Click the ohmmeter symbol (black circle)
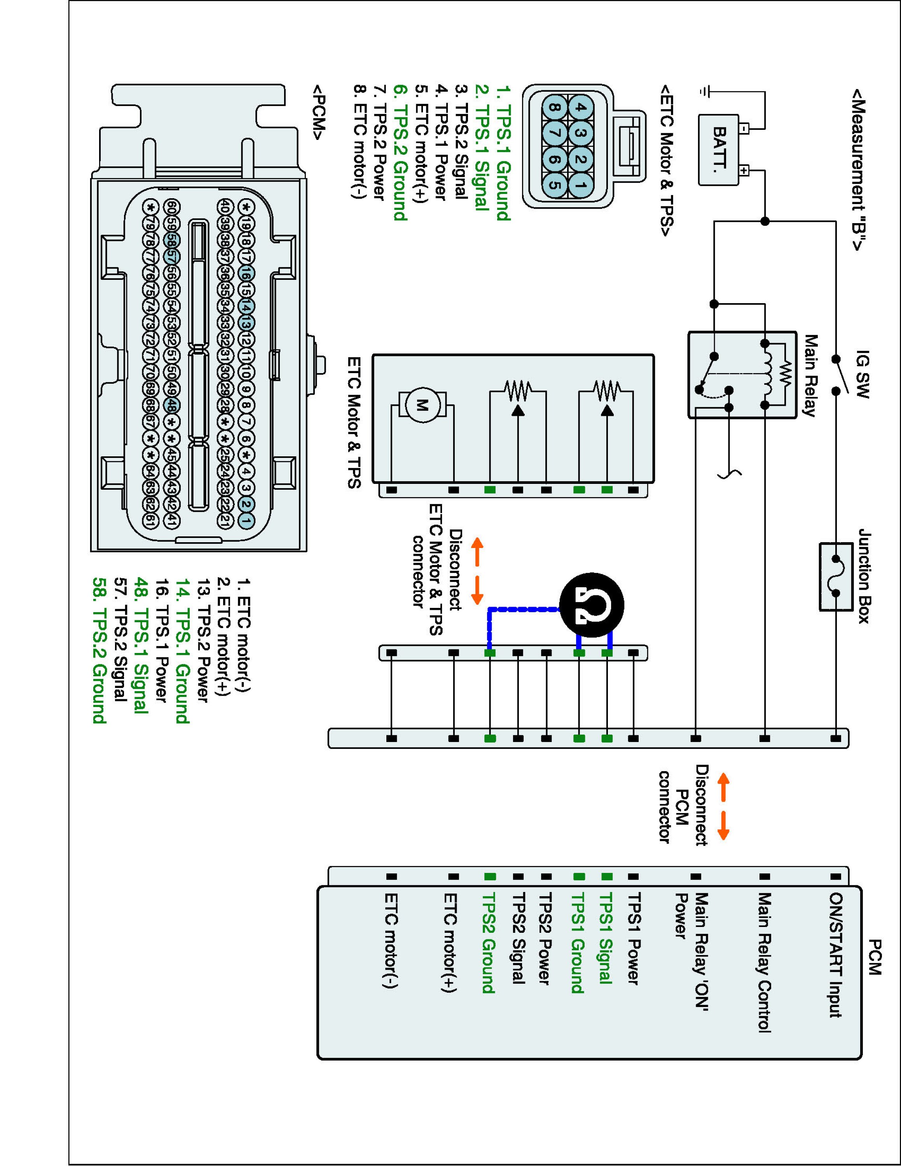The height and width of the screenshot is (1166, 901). (592, 606)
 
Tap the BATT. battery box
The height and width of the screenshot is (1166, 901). (719, 150)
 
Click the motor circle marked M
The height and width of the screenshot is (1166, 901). (422, 405)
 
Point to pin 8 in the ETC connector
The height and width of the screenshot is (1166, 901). (555, 108)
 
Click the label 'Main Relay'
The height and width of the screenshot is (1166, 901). (811, 375)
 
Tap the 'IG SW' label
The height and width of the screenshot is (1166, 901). (863, 375)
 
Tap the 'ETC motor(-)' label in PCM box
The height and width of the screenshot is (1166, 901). (391, 940)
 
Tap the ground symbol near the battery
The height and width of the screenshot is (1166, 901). (705, 92)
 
